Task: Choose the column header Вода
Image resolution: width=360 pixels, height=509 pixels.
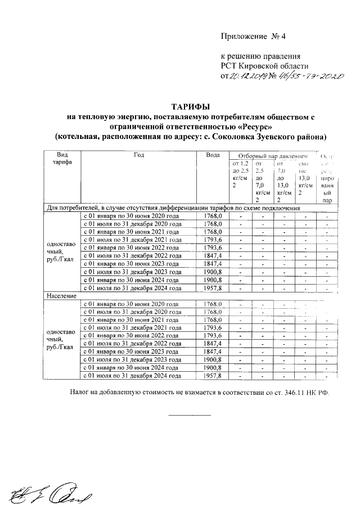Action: (213, 155)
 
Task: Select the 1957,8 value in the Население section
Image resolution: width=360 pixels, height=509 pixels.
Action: (213, 376)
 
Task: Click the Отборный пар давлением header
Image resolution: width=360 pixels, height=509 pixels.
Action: (273, 155)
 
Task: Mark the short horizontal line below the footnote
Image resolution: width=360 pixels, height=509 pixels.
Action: (190, 415)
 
